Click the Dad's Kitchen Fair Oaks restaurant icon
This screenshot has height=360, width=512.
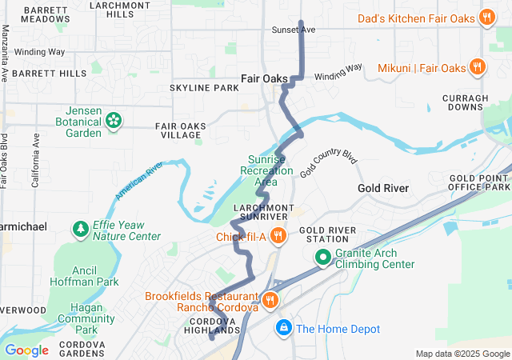(486, 17)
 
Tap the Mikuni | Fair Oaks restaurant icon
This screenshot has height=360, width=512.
(477, 67)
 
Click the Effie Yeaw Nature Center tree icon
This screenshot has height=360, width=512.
(81, 230)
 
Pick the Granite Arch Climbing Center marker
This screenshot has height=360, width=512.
(322, 258)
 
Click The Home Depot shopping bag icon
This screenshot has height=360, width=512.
(283, 328)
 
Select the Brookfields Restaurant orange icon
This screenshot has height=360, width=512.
(270, 301)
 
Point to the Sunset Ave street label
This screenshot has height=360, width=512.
(293, 30)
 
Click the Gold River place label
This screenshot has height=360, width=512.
(383, 188)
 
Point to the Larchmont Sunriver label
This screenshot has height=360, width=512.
(260, 212)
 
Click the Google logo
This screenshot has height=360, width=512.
(26, 350)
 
